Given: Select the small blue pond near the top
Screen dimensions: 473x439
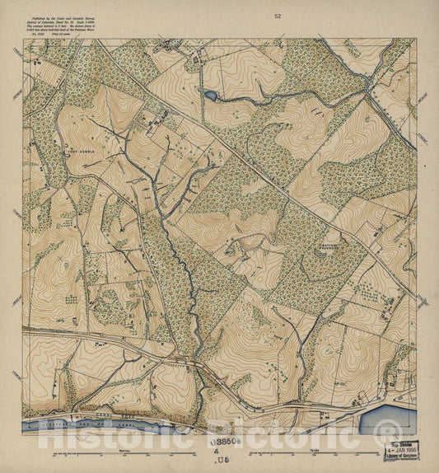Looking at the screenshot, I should point(211,96).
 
